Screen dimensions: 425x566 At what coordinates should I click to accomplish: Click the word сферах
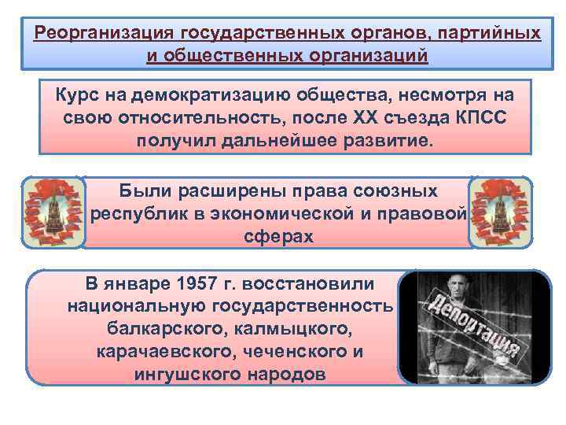[278, 237]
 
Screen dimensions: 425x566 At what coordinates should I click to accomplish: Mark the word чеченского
[281, 351]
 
